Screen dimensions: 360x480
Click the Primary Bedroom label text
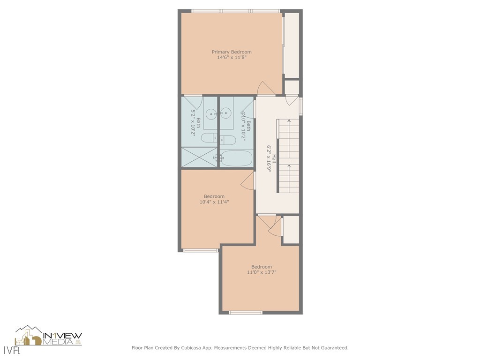[232, 52]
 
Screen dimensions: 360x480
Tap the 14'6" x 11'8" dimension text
[232, 58]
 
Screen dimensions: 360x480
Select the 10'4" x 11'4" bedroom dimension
[214, 202]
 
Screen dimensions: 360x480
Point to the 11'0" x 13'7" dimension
[261, 272]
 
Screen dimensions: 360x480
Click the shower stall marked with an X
[199, 157]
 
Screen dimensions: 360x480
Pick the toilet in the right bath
[228, 140]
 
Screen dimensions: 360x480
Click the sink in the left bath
[212, 113]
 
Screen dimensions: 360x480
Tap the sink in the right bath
[226, 113]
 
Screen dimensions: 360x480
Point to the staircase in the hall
[289, 156]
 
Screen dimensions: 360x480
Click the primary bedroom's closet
[292, 45]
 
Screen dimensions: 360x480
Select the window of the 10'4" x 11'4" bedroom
[200, 250]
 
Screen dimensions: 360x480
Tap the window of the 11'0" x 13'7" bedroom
[245, 312]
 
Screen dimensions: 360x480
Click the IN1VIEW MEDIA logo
[49, 336]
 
